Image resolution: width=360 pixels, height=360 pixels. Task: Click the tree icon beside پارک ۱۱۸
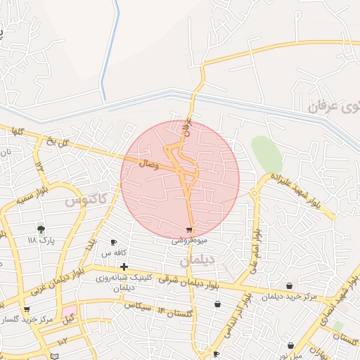coord(41,229)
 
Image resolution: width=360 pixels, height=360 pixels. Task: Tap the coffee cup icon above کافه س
coord(114,243)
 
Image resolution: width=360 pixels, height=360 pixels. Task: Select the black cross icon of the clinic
coord(124,266)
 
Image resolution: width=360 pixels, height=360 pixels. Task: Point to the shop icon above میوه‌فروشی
coord(189,230)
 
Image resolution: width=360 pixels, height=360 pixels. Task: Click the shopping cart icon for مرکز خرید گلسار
coord(27,309)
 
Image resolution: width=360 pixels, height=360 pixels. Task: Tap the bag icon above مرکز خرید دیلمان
coord(290,285)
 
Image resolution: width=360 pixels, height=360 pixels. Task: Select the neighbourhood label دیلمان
coord(195,260)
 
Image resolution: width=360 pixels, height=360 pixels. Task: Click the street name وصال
coord(150,163)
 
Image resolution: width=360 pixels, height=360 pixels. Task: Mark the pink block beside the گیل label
coord(68,310)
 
